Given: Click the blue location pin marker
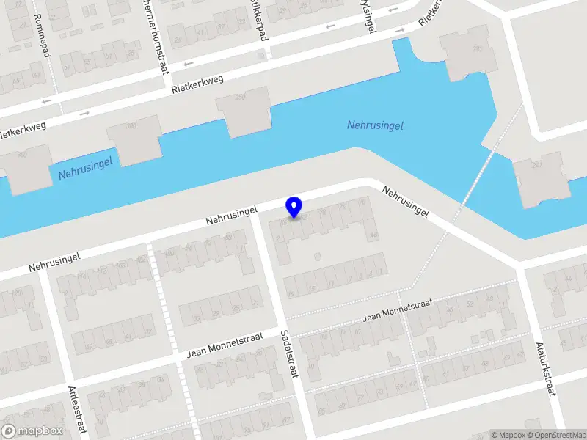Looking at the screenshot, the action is point(294,208).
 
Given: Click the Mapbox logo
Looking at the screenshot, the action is point(32,431).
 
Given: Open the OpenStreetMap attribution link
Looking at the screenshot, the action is point(555,435).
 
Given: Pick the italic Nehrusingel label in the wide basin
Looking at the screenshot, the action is point(375,125).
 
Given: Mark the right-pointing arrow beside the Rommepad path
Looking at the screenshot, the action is point(85,113).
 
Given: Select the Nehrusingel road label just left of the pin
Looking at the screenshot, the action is point(232,215).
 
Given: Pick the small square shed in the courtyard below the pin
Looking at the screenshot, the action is point(317,256).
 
